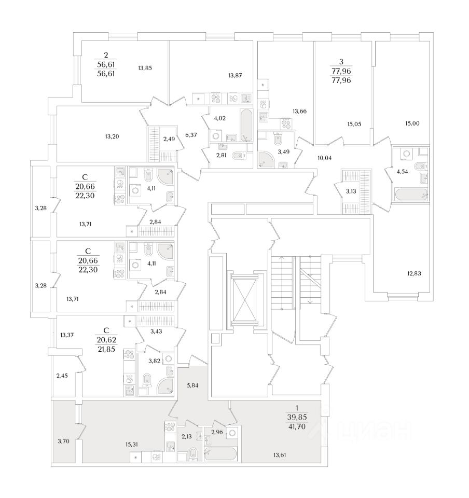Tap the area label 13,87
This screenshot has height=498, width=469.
coord(235,76)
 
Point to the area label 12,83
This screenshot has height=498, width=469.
coord(415,273)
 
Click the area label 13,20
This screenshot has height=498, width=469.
coord(112,136)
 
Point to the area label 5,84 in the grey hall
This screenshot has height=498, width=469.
coord(192,385)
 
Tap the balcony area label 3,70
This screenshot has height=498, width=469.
coord(64,441)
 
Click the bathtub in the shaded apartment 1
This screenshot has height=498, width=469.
coord(220,454)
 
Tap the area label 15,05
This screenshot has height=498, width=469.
coord(354,123)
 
